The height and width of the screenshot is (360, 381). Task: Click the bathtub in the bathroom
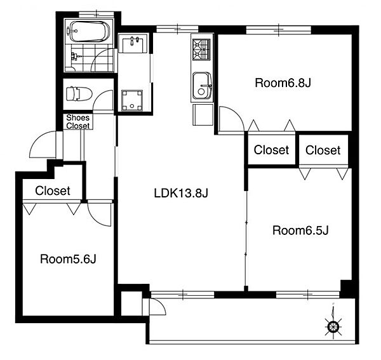[89, 32]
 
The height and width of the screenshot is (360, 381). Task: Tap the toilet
[79, 94]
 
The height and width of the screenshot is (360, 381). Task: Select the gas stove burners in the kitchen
[201, 50]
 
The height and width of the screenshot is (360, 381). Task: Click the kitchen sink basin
[202, 85]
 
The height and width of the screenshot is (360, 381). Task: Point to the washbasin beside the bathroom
[133, 43]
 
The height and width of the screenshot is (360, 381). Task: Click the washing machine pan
[132, 100]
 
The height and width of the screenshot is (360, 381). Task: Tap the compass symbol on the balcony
[333, 324]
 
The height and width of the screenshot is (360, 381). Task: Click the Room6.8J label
[283, 83]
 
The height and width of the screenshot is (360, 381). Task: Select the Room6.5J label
[300, 230]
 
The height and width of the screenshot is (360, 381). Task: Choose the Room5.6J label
[68, 259]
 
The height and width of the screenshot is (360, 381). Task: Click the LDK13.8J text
[181, 194]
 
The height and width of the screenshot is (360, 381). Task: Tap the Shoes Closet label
[78, 122]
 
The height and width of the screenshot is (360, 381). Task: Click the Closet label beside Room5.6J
[53, 190]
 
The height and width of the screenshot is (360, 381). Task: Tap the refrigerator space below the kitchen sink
[203, 115]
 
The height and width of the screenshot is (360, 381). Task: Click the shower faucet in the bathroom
[74, 57]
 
